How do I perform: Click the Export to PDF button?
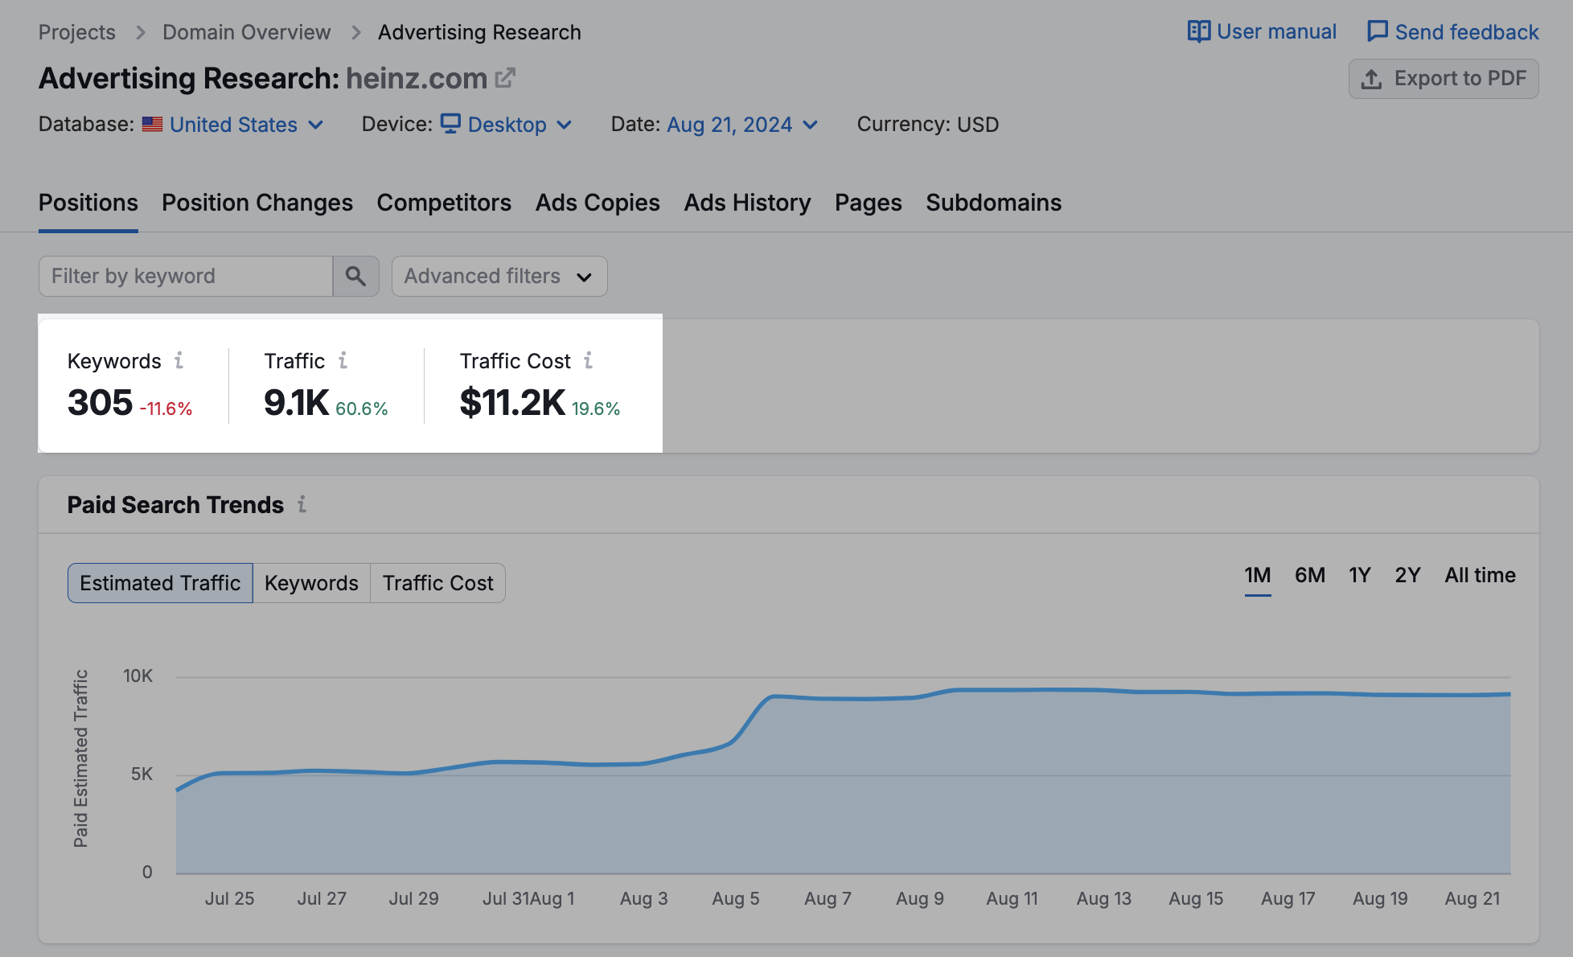1444,79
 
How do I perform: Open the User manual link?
1262,32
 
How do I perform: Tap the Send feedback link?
1453,32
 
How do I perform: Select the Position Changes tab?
257,203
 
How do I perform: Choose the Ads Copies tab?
598,203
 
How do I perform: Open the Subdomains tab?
993,203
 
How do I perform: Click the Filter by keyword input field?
186,277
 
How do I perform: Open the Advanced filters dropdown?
499,277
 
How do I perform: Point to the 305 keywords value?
100,403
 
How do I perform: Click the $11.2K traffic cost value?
512,403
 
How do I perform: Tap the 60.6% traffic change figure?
361,409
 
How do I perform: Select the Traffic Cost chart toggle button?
437,583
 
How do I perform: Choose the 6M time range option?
1309,576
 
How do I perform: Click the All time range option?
1480,576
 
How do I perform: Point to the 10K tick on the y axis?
138,676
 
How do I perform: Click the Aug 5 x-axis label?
735,898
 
